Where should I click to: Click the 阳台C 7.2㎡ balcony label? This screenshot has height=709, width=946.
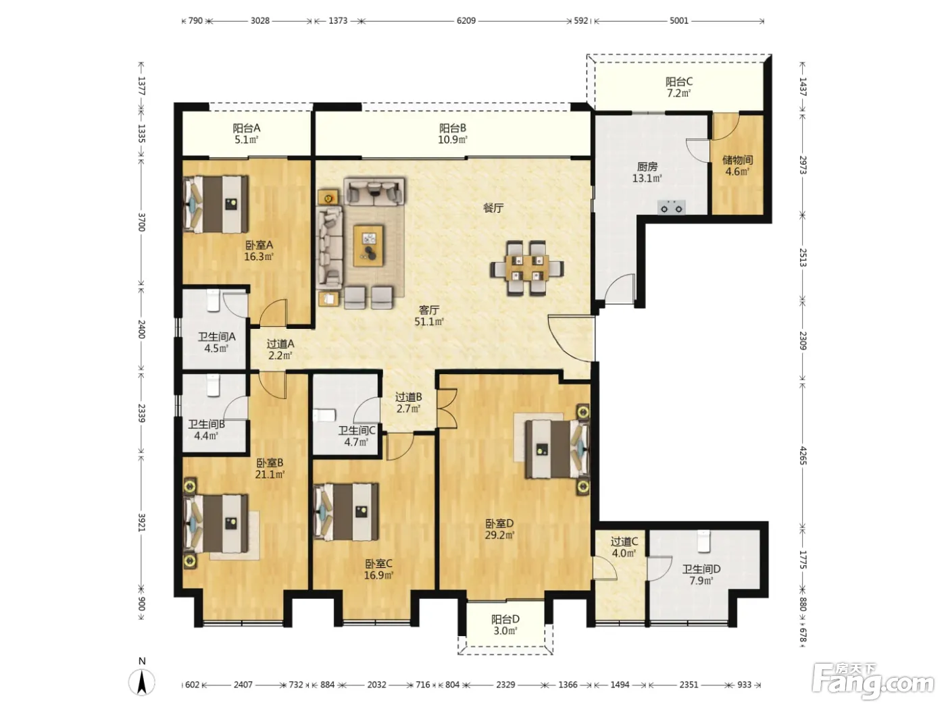tap(679, 87)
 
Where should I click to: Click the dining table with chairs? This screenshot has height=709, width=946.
tap(526, 268)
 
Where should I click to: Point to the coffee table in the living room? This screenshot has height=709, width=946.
tap(368, 245)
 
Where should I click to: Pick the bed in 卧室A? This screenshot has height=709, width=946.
tap(216, 204)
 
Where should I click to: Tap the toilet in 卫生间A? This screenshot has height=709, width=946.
tap(214, 300)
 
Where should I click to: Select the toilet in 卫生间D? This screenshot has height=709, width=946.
tap(703, 541)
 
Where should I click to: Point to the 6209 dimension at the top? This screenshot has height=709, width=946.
tap(466, 21)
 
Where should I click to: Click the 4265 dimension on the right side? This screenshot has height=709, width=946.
tap(803, 455)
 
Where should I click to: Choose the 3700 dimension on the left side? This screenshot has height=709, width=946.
tap(141, 222)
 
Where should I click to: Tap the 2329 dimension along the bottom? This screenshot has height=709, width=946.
tap(505, 685)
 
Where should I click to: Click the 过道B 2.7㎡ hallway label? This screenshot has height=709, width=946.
tap(408, 402)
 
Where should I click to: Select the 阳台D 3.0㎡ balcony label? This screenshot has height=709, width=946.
tap(505, 625)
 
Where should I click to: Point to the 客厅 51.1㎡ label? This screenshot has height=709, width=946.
tap(429, 315)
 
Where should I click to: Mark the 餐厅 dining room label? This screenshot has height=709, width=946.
tap(493, 208)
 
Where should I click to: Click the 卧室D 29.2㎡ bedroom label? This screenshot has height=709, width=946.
tap(499, 529)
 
